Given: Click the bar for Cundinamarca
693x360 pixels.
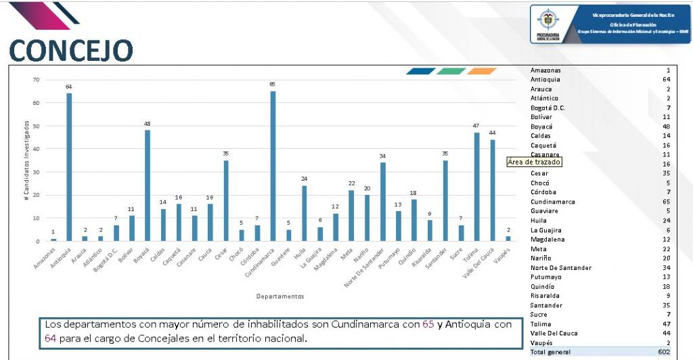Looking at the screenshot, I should coord(273,166).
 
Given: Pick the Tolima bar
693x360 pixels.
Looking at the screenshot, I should coord(478,186).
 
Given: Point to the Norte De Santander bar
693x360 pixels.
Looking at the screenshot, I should coord(383,201).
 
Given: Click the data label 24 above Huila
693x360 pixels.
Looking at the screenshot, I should coord(305,179).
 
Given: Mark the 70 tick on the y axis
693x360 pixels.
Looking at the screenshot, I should coord(36,80).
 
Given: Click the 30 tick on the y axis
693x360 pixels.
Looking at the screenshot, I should coord(36,172).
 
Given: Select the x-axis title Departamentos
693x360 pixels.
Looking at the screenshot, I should coord(280,296).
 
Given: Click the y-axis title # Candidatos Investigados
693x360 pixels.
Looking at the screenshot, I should coord(26,160).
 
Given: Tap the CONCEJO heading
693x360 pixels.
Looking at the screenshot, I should coord(71,50).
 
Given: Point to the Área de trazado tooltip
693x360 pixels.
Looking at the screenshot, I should coord(535,162).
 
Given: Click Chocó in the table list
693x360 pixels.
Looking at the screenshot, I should coord(540,183).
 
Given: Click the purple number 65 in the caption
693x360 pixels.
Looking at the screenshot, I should coord(428,324).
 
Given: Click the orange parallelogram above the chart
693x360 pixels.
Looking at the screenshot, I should coord(481,71).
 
